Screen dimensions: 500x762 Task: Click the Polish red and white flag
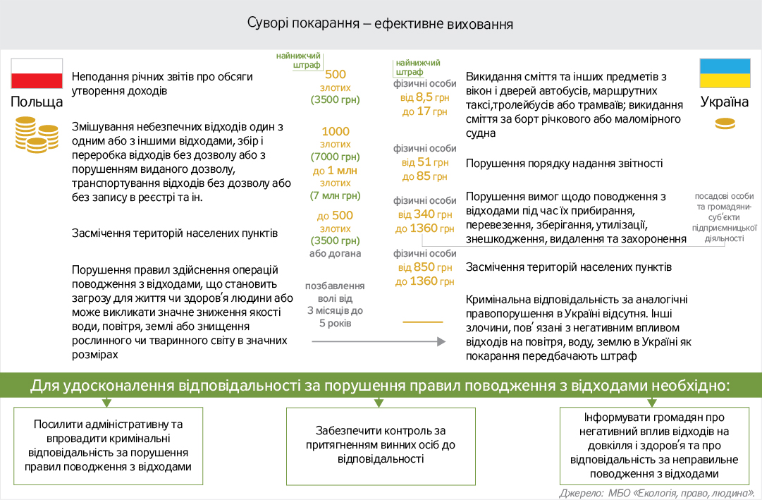pos(37,73)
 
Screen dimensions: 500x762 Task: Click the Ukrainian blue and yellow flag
pos(725,73)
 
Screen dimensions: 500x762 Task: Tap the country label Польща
pos(37,102)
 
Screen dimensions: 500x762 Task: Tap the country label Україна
pos(725,102)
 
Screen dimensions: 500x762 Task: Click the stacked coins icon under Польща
pos(36,134)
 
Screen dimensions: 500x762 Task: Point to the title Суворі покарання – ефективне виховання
pos(380,23)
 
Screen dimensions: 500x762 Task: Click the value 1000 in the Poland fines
pos(336,131)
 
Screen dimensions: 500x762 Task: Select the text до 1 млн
pos(335,170)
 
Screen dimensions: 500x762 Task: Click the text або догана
pos(335,254)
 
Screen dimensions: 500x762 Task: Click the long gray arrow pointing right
pos(379,341)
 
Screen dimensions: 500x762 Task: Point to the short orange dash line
pos(423,322)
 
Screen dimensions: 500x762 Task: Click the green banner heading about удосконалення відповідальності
pos(381,386)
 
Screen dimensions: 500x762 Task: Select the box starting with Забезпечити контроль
pos(380,445)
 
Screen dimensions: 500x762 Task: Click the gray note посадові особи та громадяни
pos(725,217)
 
